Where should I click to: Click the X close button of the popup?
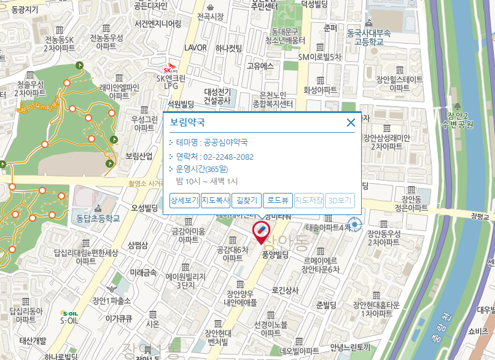click(351, 122)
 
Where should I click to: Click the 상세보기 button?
click(184, 200)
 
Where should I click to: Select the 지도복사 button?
click(216, 200)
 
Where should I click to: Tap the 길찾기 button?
click(246, 200)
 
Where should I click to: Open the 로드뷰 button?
click(278, 200)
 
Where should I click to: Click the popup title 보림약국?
click(187, 122)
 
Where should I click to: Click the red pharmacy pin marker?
click(261, 232)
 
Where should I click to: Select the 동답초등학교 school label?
click(95, 217)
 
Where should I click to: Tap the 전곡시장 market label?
click(211, 16)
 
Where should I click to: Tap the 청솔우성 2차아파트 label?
click(31, 88)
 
